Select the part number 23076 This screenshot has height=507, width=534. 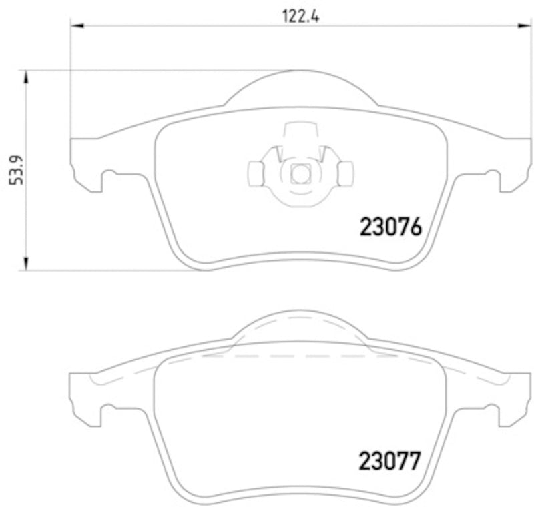pos(390,227)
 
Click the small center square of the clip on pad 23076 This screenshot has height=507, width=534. pos(300,174)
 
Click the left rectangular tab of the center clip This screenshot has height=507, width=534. pos(256,174)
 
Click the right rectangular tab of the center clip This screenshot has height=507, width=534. pos(345,174)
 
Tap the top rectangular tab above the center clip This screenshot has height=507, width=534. pos(300,131)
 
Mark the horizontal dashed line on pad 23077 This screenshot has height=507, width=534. pos(300,356)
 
